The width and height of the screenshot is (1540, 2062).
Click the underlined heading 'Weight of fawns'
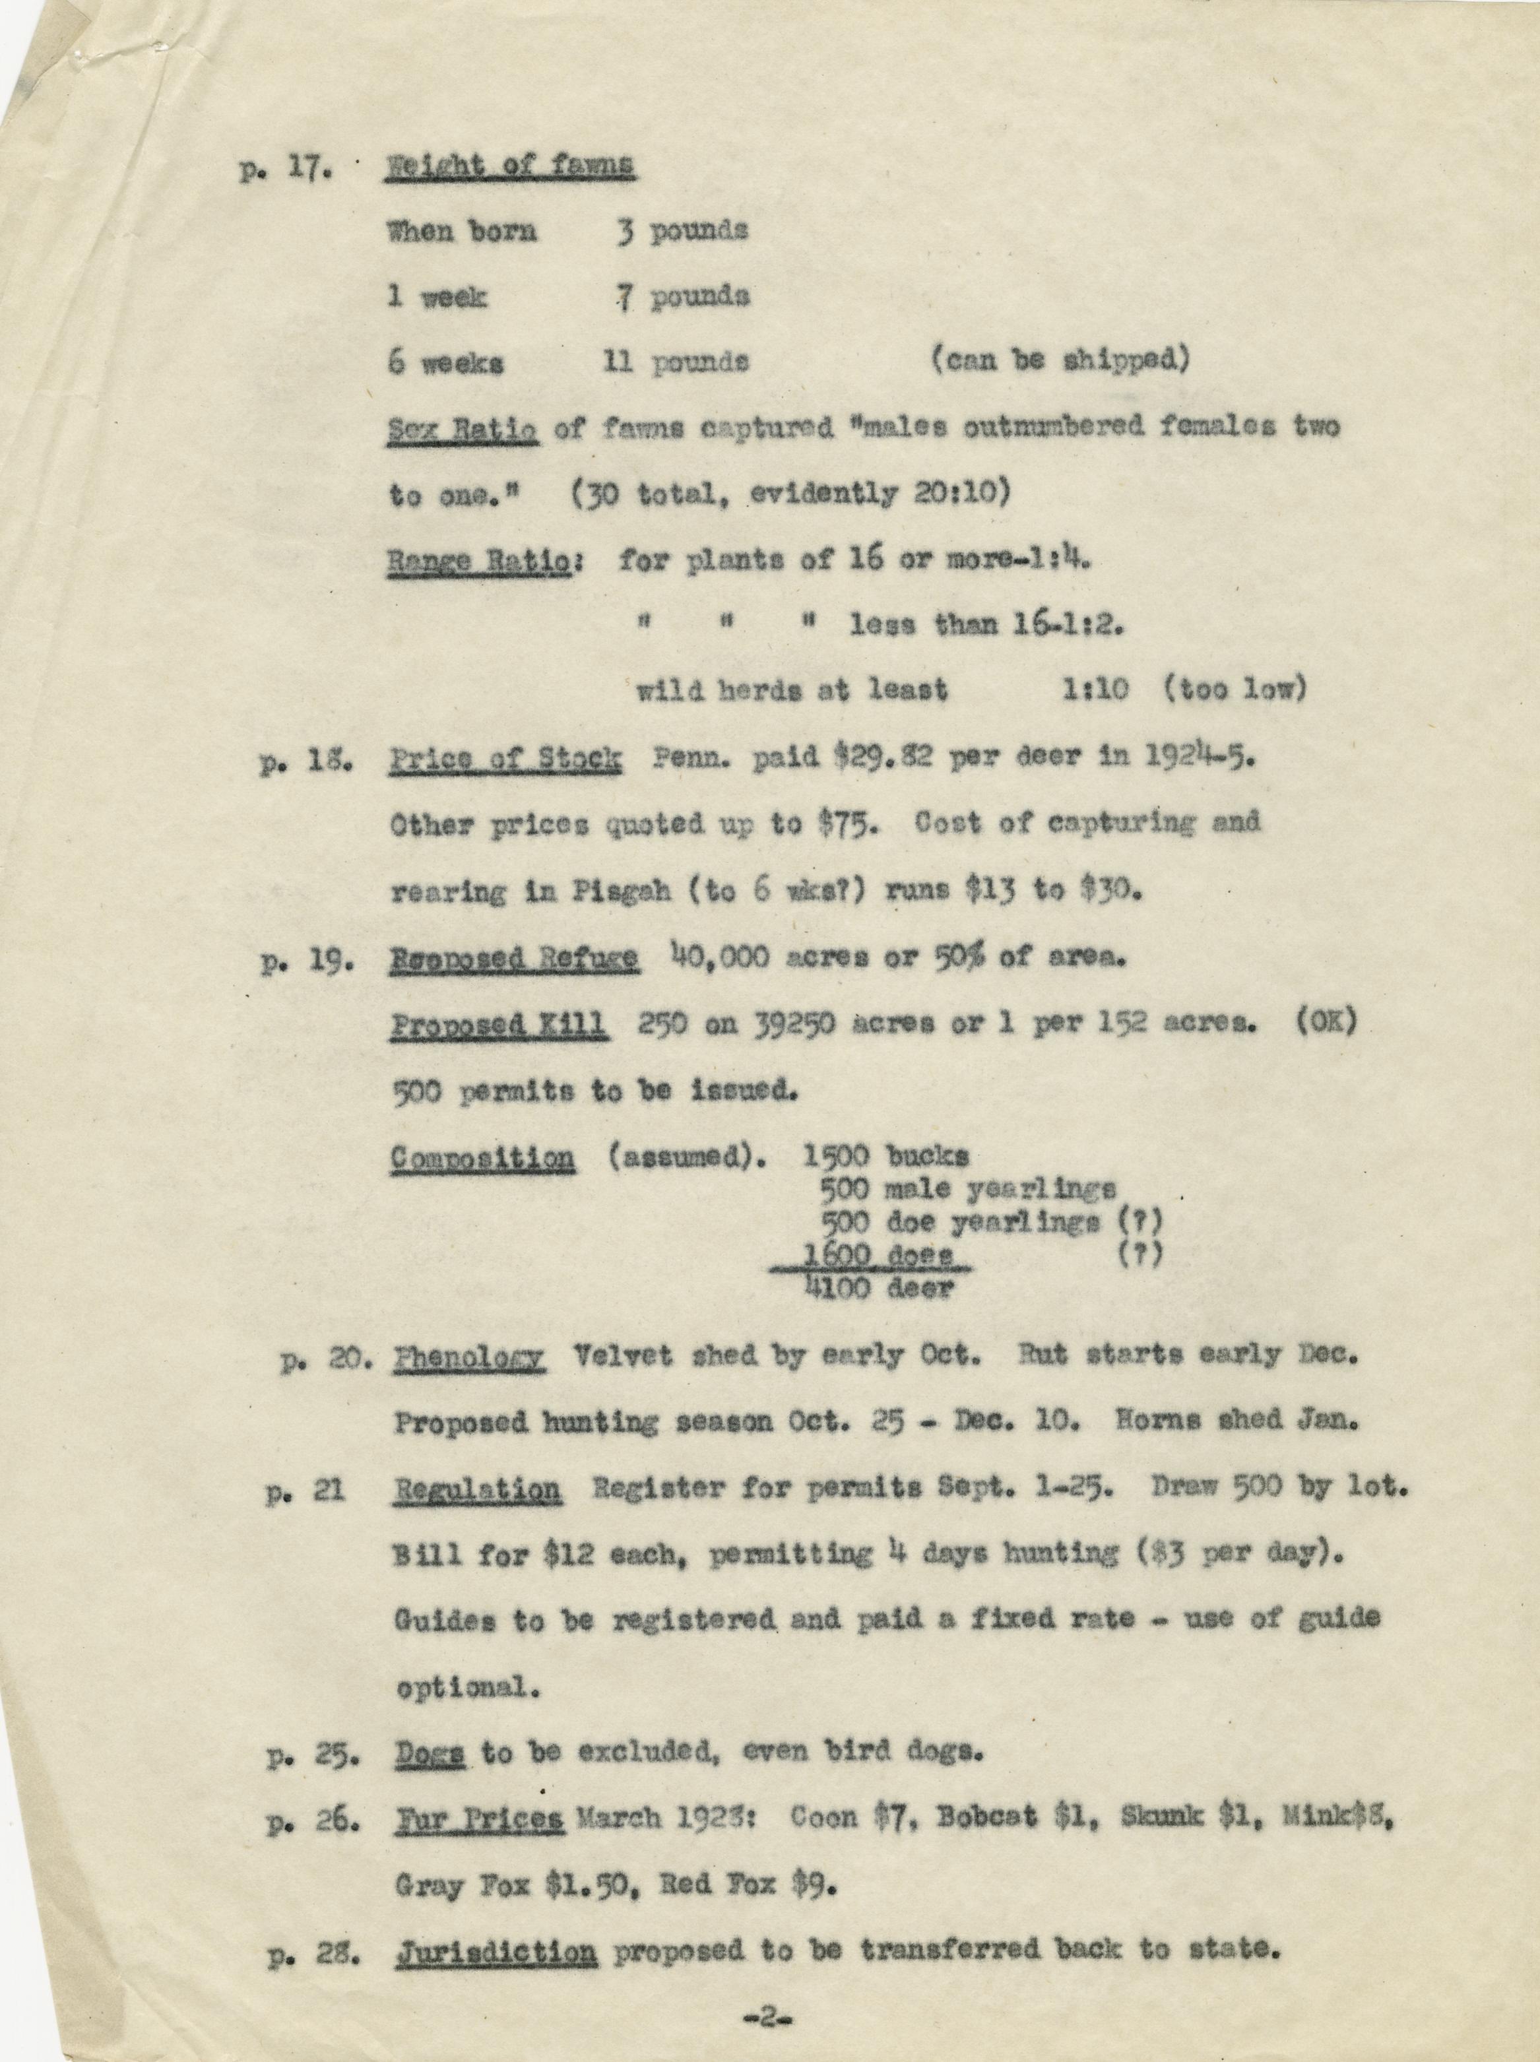[510, 166]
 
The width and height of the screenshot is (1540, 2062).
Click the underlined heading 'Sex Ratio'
[463, 430]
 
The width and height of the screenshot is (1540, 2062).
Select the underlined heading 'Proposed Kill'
[499, 1025]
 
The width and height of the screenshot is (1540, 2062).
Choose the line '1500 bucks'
[885, 1157]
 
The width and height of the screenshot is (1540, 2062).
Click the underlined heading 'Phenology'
[469, 1357]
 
